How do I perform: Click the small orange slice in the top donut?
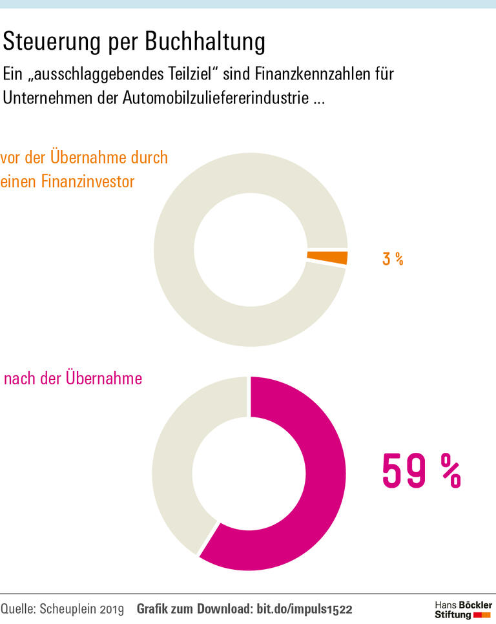(x=327, y=258)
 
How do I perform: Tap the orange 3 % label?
(x=392, y=259)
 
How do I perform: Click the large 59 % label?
(x=421, y=472)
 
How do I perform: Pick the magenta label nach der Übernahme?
(x=72, y=379)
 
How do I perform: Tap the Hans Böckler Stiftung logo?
(x=462, y=609)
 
